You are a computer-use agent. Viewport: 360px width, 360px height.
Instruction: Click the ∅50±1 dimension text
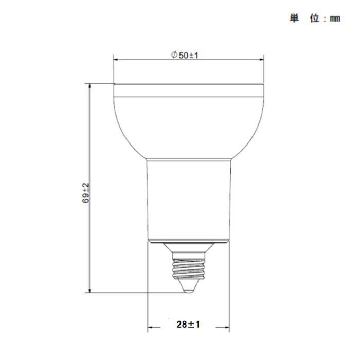point(185,55)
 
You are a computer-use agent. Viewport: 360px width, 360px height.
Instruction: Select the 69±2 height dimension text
point(86,192)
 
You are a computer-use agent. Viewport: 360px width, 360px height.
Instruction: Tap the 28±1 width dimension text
point(188,324)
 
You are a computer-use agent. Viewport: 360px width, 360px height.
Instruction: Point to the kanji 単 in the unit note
point(294,19)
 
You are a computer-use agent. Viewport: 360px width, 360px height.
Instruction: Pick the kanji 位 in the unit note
point(315,19)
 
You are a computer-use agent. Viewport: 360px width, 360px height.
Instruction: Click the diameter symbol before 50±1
point(174,55)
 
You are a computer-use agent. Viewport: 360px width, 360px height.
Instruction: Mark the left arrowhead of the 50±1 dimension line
point(116,60)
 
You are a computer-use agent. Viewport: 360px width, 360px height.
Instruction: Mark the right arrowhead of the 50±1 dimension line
point(260,60)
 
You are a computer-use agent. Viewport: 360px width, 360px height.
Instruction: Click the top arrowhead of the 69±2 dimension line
point(90,86)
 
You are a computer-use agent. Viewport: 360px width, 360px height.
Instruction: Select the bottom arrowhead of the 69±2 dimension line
point(90,290)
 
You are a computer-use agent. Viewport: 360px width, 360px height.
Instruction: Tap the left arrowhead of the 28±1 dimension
point(151,327)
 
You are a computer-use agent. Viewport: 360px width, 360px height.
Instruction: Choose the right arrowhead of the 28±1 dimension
point(226,327)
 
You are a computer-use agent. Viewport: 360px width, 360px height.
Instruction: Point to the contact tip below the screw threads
point(188,289)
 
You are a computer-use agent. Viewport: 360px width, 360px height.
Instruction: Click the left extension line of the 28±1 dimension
point(148,288)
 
